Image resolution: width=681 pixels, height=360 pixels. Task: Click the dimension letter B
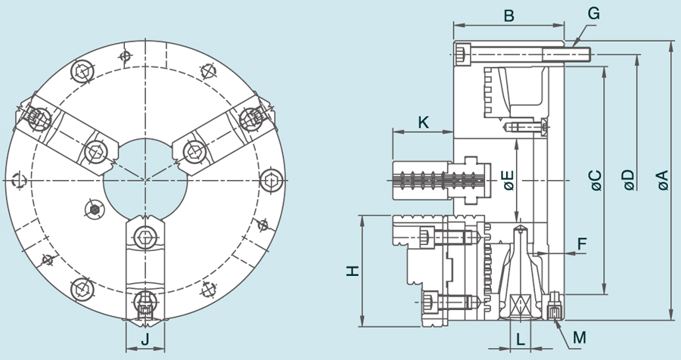tap(508, 15)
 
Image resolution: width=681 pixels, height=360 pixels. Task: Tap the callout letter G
tap(593, 14)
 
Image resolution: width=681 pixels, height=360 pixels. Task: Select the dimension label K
tap(423, 121)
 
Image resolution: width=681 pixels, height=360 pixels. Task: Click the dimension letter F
tap(581, 244)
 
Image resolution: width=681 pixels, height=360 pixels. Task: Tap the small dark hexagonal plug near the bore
tap(95, 208)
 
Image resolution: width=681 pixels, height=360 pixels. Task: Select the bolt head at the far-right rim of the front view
tap(271, 181)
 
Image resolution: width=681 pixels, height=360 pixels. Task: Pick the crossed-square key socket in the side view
tap(520, 305)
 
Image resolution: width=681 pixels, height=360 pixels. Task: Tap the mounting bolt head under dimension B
tap(463, 54)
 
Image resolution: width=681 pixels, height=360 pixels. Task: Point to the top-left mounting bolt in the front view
tap(82, 71)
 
